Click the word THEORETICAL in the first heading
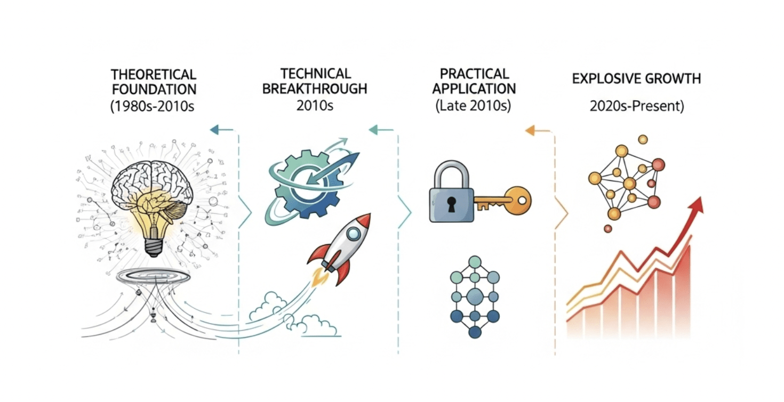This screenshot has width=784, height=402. click(154, 75)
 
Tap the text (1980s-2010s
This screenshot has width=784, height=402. click(152, 106)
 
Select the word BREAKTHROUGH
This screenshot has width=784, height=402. click(315, 89)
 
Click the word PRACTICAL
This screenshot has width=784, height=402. click(474, 74)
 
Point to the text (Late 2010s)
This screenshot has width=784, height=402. click(473, 106)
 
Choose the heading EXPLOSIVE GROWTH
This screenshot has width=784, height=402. click(636, 79)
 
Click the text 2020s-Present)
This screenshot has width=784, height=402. click(637, 106)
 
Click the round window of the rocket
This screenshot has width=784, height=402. click(354, 233)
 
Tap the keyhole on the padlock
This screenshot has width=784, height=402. click(452, 204)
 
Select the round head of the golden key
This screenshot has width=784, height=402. click(518, 200)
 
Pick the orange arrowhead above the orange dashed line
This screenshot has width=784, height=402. click(530, 131)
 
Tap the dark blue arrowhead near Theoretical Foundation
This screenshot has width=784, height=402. click(214, 130)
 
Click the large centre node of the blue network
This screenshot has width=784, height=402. click(475, 296)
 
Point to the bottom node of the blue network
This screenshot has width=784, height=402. click(475, 332)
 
